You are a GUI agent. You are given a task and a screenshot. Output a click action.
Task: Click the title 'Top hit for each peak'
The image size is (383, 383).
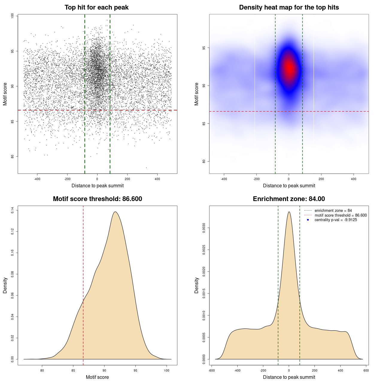(96, 7)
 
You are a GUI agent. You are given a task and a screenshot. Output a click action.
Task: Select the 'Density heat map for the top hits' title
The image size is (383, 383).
(289, 7)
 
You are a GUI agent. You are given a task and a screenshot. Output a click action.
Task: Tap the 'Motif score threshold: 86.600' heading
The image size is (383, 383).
(97, 199)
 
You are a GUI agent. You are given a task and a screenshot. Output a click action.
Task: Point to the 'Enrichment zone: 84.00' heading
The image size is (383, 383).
(289, 199)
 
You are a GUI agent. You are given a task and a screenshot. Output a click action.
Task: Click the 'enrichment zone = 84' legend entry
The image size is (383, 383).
(333, 211)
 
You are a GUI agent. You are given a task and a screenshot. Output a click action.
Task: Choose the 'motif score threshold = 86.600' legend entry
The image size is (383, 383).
(341, 215)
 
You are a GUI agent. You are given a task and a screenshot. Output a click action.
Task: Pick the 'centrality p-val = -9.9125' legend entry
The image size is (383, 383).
(336, 220)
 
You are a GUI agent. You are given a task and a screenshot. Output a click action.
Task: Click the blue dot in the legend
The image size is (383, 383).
(308, 220)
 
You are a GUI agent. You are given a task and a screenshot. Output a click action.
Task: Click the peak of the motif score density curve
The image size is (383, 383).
(115, 212)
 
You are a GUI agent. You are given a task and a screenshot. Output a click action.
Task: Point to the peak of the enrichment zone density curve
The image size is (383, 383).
(289, 212)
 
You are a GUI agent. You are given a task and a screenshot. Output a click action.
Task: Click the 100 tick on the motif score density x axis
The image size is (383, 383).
(167, 370)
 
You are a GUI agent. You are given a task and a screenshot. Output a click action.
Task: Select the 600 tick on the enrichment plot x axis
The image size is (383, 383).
(366, 370)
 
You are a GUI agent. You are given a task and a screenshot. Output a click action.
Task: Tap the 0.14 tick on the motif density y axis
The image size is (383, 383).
(12, 210)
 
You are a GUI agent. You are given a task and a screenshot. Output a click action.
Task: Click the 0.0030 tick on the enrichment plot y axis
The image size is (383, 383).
(204, 228)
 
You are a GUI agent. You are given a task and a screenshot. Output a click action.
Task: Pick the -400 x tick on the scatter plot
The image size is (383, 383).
(37, 179)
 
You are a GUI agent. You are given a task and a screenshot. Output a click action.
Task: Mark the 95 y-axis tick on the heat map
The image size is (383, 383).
(204, 48)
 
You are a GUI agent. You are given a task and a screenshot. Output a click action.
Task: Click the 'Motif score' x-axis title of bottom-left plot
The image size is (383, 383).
(97, 377)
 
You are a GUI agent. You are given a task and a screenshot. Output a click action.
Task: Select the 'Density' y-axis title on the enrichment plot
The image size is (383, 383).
(197, 285)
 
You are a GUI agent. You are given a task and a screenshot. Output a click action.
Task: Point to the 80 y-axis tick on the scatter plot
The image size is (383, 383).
(12, 156)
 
